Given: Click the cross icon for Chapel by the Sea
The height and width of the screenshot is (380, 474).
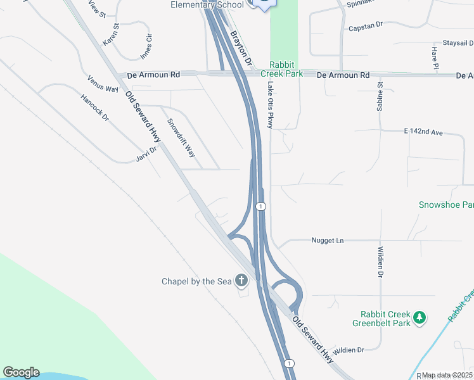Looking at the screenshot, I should tap(241, 280).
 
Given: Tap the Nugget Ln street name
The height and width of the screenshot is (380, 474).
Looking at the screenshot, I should tap(327, 241).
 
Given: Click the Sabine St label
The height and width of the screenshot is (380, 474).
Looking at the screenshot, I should tap(380, 96).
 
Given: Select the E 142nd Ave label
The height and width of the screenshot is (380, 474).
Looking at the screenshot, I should tap(423, 131).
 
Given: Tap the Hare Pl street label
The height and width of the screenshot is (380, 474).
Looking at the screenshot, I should tap(435, 58).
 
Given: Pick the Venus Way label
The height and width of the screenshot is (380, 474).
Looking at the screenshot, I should tap(103, 83).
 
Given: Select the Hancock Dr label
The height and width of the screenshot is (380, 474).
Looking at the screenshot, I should tap(95, 108).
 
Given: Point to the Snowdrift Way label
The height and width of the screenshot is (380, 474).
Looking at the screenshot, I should tap(181, 139).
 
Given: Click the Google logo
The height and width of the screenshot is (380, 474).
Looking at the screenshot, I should tap(21, 372).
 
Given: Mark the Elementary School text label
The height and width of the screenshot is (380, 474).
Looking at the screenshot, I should tap(207, 4).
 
